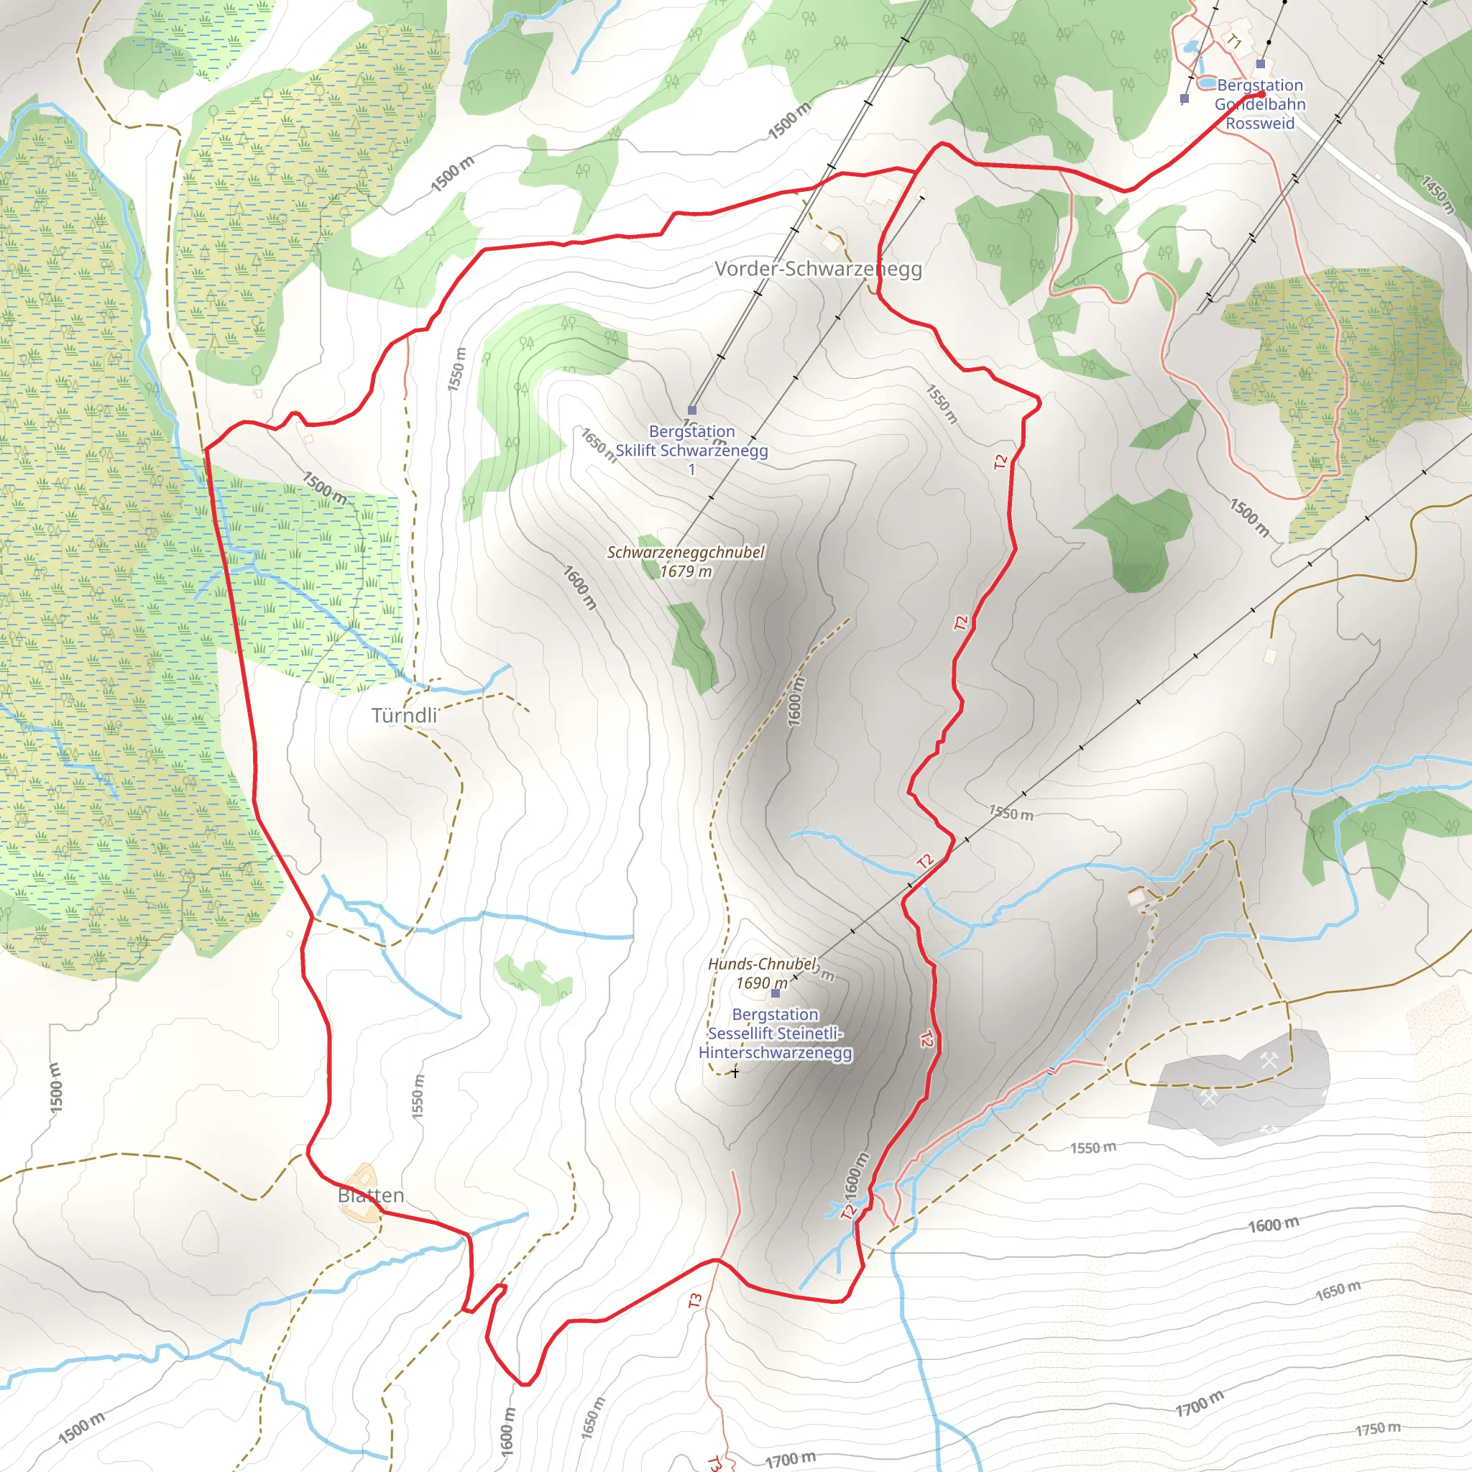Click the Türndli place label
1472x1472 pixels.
tap(404, 715)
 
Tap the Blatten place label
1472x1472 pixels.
tap(370, 1195)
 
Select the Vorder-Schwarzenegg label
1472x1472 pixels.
tap(817, 269)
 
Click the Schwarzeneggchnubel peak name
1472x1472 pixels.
tap(685, 553)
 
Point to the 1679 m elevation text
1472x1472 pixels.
tap(685, 571)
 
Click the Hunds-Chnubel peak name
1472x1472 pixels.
tap(761, 964)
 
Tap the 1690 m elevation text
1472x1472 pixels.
tap(761, 983)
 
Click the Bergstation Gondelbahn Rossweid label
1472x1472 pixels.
tap(1259, 104)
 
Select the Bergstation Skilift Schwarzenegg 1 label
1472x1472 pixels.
tap(691, 450)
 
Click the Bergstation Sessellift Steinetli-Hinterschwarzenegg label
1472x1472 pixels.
tap(775, 1033)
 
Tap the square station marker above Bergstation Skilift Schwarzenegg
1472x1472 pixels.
tap(692, 410)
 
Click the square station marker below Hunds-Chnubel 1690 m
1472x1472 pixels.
tap(776, 993)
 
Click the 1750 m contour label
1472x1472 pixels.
tap(1378, 1429)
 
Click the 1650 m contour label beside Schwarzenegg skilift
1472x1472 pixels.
tap(598, 444)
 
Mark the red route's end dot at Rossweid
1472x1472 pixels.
tap(1261, 94)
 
